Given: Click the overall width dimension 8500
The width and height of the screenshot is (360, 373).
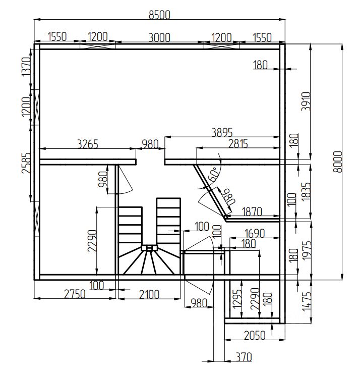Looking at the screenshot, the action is (x=159, y=15).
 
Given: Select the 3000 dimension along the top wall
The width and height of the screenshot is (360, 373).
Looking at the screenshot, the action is (x=159, y=37).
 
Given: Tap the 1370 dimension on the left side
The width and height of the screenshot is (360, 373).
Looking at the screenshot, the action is (x=26, y=67).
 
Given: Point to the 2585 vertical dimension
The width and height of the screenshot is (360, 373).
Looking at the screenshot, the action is (x=26, y=163).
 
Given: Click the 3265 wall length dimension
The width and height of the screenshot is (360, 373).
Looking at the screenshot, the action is (x=88, y=144).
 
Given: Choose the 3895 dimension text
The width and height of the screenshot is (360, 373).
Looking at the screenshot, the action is (x=222, y=132).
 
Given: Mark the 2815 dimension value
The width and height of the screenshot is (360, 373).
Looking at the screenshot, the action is (x=238, y=143).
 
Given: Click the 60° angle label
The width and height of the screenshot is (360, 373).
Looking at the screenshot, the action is (x=213, y=174).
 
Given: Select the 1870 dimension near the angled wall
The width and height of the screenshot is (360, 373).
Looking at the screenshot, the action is (x=252, y=211).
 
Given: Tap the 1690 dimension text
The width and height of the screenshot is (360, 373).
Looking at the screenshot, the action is (x=255, y=233).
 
